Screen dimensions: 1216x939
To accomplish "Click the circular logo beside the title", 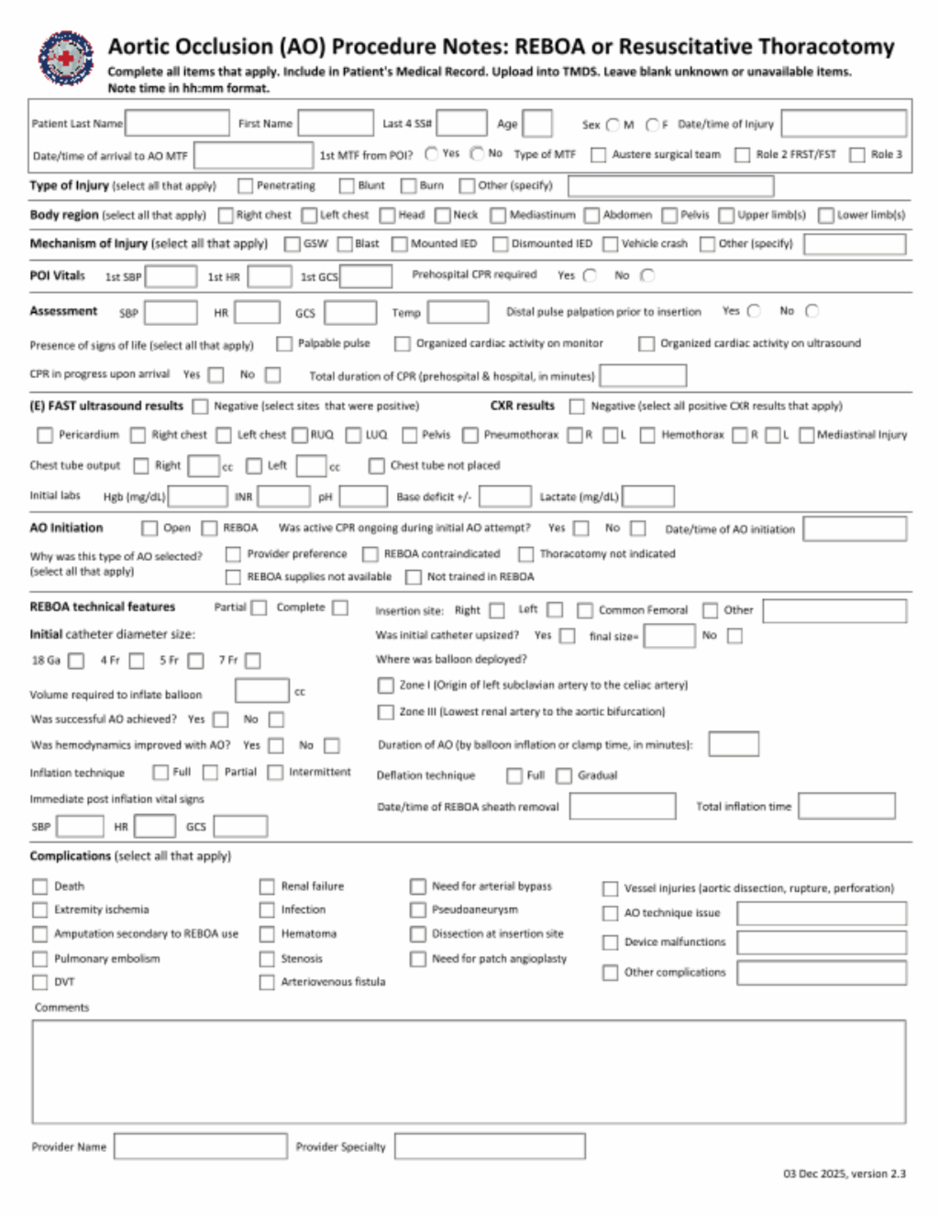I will point(66,59).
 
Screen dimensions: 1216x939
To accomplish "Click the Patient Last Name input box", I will point(177,123).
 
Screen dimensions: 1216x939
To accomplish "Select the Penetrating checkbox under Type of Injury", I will point(245,186).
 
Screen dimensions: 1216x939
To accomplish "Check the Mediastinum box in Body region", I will point(498,216).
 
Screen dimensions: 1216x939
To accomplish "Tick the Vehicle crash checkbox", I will point(611,244).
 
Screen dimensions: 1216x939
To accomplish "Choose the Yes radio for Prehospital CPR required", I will point(590,275).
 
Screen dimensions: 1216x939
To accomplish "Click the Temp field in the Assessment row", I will point(458,313).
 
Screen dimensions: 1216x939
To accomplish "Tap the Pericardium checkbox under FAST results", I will point(45,435).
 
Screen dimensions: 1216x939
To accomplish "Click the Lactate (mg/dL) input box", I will point(648,496).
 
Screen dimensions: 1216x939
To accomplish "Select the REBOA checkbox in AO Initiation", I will point(210,529).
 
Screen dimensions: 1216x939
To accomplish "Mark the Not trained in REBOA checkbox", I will point(414,577).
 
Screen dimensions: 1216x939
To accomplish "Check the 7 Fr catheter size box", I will point(253,661).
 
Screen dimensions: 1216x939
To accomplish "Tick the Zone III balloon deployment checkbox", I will point(386,712).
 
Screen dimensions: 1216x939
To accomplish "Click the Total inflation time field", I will point(845,807).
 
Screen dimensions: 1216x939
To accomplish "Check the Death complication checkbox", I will point(39,887).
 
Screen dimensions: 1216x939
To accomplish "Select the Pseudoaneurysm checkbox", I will point(418,910).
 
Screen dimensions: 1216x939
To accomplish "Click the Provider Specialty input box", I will point(490,1146).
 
